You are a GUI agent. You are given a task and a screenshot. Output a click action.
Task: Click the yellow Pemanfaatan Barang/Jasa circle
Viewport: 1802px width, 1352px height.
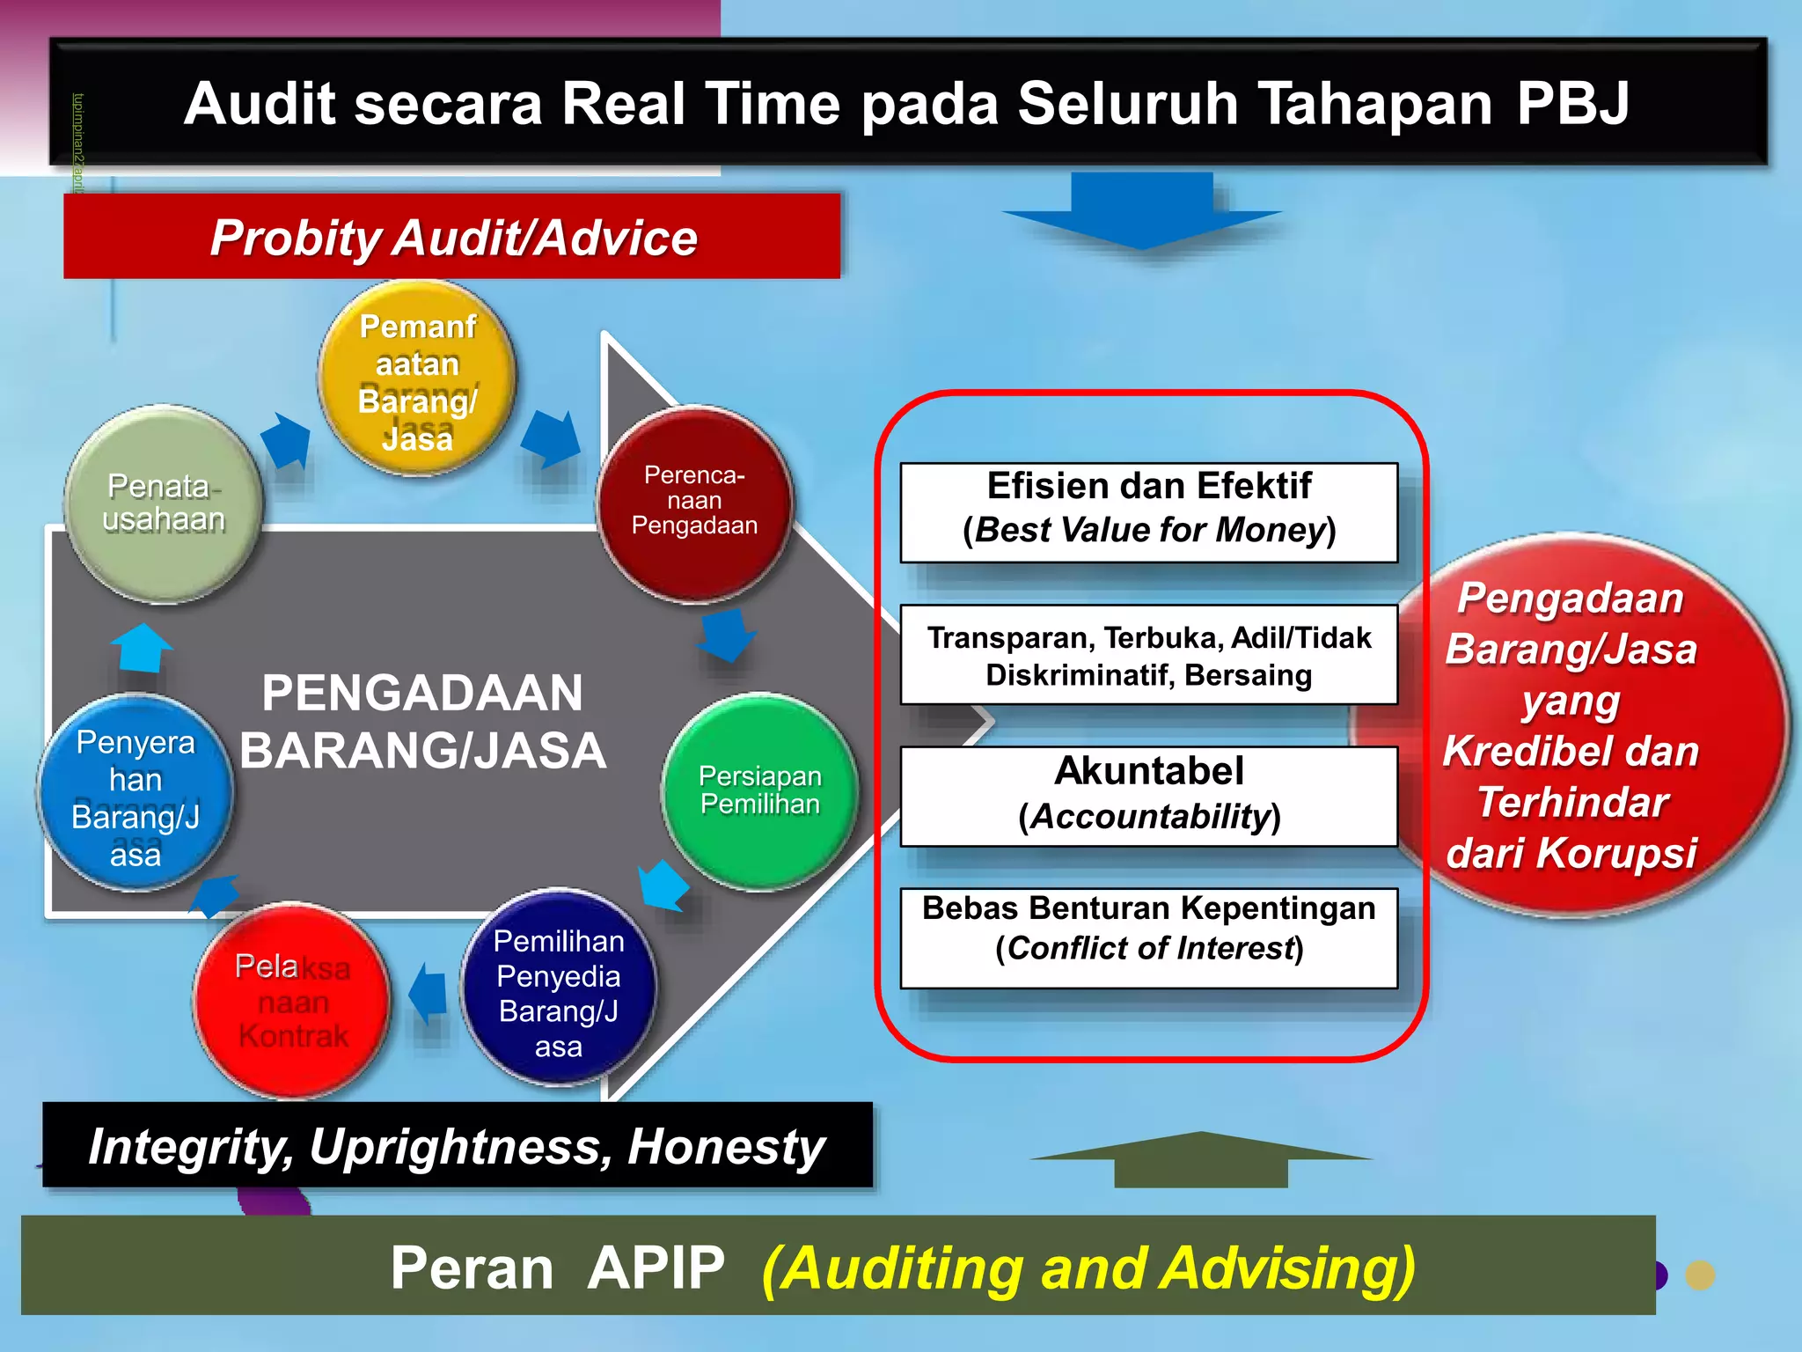(x=417, y=378)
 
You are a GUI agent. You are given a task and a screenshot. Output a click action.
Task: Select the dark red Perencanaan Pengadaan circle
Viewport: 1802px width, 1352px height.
(x=694, y=503)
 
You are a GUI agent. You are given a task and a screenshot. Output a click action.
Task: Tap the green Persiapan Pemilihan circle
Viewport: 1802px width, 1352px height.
(x=759, y=790)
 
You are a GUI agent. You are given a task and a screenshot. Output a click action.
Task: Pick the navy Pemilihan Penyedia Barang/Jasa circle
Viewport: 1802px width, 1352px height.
(x=558, y=988)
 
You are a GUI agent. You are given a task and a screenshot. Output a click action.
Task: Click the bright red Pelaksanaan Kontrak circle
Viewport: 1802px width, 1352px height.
(x=292, y=1001)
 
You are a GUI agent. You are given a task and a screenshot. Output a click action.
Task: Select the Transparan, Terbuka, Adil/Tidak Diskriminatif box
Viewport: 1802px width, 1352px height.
(x=1148, y=655)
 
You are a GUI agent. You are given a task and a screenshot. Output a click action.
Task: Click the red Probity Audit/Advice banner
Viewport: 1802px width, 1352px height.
(x=452, y=237)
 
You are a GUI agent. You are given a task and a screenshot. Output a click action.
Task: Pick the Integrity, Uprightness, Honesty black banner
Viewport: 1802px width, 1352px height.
(x=457, y=1145)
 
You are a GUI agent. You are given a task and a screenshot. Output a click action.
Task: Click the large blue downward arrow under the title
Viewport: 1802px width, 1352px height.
(x=1142, y=211)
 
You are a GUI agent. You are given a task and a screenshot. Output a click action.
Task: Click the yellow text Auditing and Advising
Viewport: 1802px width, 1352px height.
(x=1088, y=1268)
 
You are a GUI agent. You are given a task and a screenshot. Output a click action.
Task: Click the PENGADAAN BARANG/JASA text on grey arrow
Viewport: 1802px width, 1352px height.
(x=422, y=722)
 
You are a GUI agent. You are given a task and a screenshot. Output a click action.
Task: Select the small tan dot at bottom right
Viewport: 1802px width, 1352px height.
(x=1700, y=1275)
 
